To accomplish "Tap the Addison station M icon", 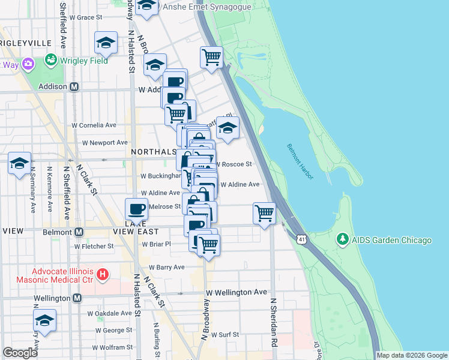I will (x=74, y=86).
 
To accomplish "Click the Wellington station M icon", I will (x=77, y=298).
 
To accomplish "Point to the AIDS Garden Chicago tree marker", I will (x=343, y=240).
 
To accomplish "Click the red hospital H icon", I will (x=103, y=275).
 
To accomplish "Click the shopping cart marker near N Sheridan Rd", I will (x=264, y=213).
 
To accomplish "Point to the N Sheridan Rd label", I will (x=273, y=325).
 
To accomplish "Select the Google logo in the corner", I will (x=20, y=353).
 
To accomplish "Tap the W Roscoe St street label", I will (x=233, y=163).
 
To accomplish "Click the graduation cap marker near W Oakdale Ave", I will (x=44, y=320).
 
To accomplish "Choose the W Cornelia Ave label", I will (x=94, y=125).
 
